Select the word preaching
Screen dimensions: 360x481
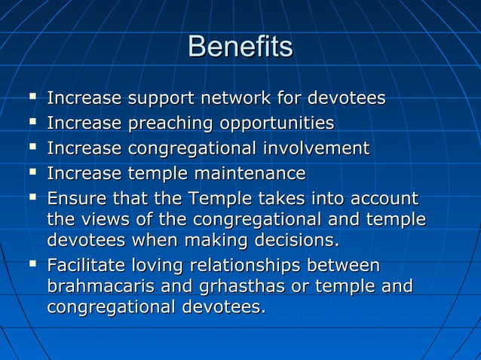point(164,124)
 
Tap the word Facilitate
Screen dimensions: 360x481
point(86,266)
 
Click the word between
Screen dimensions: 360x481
point(343,266)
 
